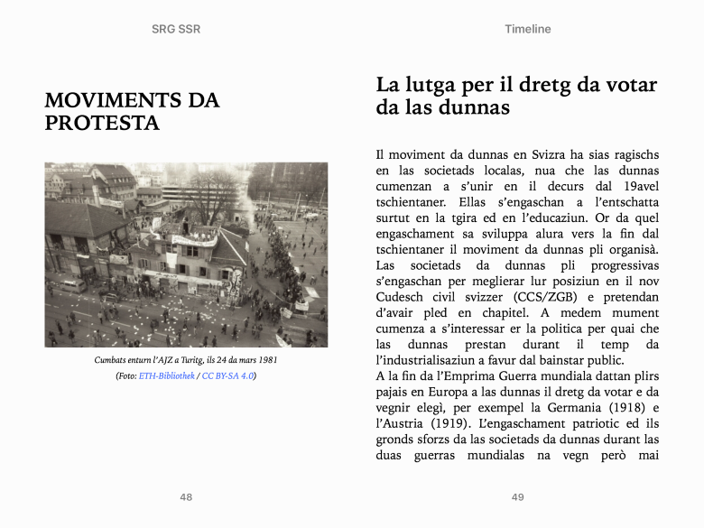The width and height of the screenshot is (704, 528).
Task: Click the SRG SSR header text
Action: tap(176, 29)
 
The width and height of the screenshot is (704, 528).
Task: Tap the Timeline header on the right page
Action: tap(528, 29)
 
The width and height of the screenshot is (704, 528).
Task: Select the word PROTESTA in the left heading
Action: tap(102, 124)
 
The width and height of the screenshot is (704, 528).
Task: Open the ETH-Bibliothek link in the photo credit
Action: tap(167, 375)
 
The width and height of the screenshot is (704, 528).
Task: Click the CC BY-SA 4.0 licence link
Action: tap(228, 375)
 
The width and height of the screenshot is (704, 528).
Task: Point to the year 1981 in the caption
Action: tap(266, 360)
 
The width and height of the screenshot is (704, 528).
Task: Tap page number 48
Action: tap(186, 497)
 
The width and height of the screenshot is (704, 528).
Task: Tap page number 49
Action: tap(517, 497)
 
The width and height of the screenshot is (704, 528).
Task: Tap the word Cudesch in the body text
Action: tap(402, 297)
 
